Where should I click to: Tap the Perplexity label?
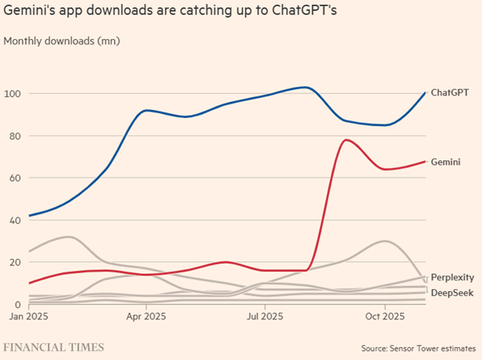[x=452, y=277]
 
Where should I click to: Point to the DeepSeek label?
[x=452, y=292]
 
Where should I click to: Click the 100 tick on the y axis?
[x=13, y=94]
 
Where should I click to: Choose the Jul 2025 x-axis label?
[x=265, y=317]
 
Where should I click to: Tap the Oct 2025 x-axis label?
[x=385, y=317]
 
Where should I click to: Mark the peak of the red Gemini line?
[x=346, y=140]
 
